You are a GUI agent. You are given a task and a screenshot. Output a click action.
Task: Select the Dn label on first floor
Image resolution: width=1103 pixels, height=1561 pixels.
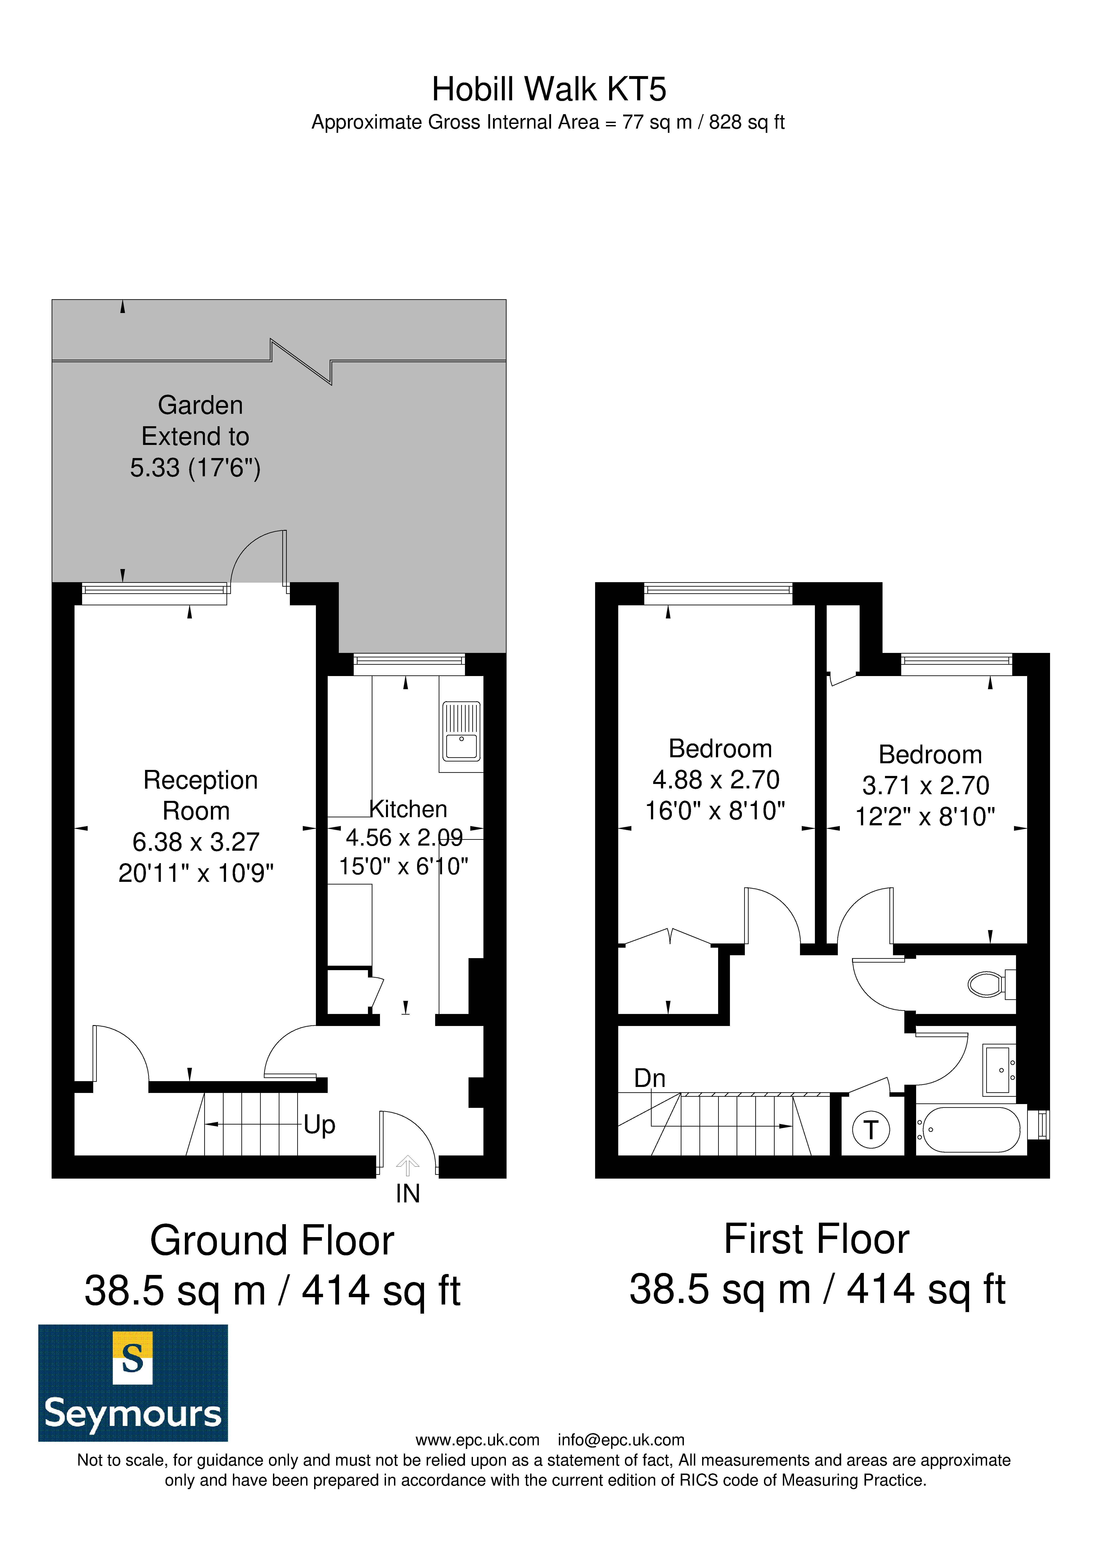click(x=649, y=1078)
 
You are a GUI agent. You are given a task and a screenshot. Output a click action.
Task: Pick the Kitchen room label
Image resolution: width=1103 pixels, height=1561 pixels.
click(x=408, y=809)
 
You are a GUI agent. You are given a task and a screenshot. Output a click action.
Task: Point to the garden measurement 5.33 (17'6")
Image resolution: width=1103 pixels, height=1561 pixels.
click(x=196, y=468)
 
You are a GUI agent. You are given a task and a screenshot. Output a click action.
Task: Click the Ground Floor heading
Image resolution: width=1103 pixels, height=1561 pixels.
click(x=272, y=1241)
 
